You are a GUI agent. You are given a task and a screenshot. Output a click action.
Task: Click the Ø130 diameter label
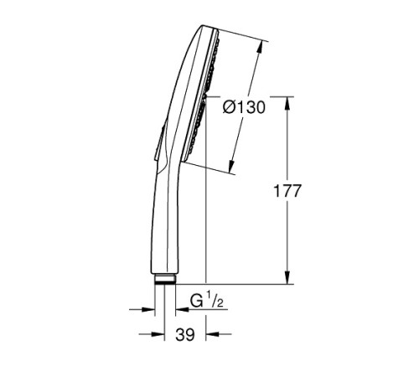pyautogui.click(x=244, y=108)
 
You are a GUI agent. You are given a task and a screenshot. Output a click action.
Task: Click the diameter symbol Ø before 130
pyautogui.click(x=229, y=108)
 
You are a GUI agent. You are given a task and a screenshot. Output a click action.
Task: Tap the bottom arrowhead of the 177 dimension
pyautogui.click(x=288, y=280)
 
